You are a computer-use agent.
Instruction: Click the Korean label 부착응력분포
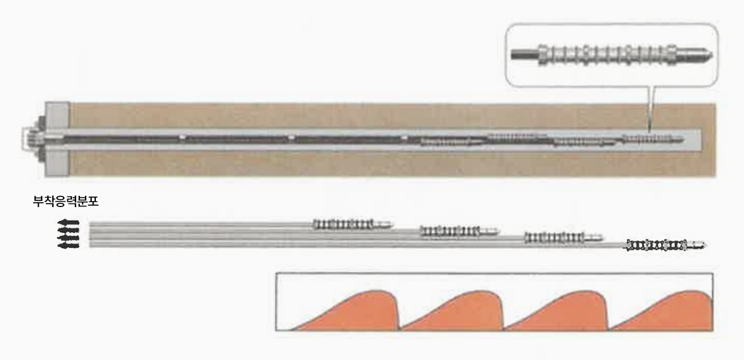(65, 202)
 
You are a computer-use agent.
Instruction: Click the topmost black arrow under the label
(68, 222)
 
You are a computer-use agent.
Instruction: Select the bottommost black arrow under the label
(68, 245)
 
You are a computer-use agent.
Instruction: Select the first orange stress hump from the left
(345, 311)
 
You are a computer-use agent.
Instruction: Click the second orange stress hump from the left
(452, 311)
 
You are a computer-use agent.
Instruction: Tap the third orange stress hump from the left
(557, 311)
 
